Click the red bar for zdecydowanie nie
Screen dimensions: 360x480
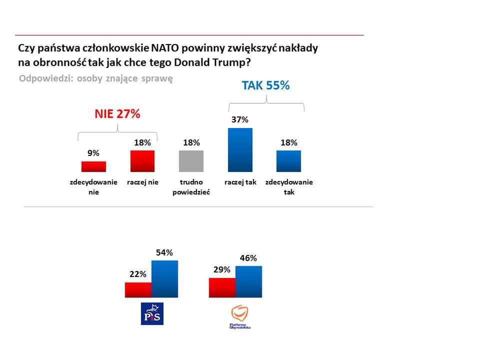[x=93, y=166]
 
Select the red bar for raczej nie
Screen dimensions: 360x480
[x=142, y=161]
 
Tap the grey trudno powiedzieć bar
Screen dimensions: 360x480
[x=191, y=161]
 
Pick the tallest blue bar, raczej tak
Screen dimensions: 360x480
[x=240, y=150]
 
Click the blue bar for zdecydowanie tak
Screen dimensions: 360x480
[x=288, y=161]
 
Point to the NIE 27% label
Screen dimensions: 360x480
[x=117, y=114]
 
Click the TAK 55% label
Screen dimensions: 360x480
[x=266, y=85]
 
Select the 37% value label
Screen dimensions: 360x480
[x=240, y=120]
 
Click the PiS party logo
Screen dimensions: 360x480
[x=152, y=313]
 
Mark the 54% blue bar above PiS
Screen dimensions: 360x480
[x=164, y=278]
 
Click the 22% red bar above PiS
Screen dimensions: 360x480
[x=138, y=289]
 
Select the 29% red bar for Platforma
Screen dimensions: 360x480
[x=222, y=287]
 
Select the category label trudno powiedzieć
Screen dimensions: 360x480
[x=191, y=187]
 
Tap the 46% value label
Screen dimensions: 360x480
[x=248, y=258]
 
